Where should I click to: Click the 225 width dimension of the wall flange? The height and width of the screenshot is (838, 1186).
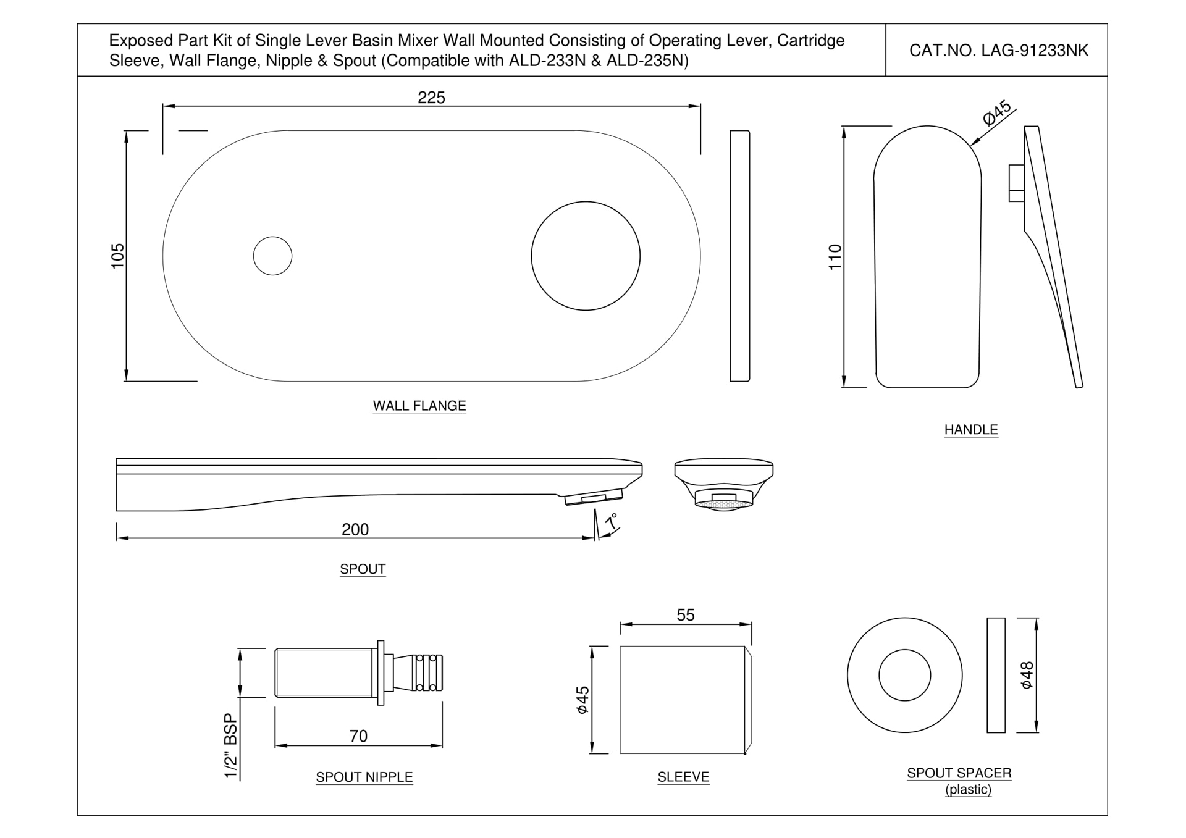[431, 98]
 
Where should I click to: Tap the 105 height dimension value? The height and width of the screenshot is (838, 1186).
[117, 256]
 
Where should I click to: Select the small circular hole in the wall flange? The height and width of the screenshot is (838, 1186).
[272, 256]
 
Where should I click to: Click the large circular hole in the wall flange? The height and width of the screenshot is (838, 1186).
[585, 256]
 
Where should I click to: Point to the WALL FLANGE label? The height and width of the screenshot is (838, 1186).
[419, 406]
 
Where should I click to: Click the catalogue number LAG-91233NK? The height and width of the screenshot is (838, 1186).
[998, 51]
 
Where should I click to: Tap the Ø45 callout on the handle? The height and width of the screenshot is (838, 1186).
[996, 112]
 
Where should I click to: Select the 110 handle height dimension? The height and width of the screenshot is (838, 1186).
[835, 257]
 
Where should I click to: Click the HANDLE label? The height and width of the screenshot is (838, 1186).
[970, 429]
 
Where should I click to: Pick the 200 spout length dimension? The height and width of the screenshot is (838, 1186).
[355, 529]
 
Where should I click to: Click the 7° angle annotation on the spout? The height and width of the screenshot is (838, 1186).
[611, 522]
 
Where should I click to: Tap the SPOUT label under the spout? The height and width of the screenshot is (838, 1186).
[363, 569]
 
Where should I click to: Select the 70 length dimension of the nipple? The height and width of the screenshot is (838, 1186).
[358, 736]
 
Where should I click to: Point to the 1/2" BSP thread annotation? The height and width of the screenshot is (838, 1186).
[230, 745]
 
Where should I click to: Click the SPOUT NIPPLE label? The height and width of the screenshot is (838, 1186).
[364, 777]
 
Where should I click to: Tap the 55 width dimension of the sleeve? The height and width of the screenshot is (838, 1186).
[685, 615]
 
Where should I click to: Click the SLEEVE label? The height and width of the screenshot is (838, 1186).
[683, 777]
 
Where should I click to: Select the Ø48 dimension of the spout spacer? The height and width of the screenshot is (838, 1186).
[1027, 675]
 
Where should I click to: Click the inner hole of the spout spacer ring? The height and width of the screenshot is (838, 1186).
[904, 675]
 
